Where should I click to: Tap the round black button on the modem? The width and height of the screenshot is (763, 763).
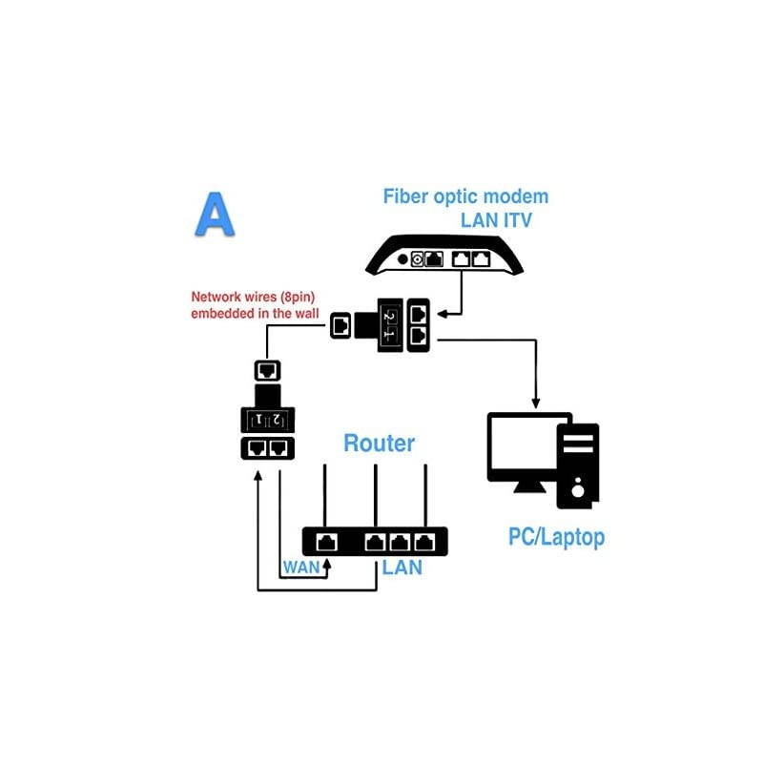click(402, 258)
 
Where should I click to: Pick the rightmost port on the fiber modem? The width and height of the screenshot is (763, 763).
click(481, 258)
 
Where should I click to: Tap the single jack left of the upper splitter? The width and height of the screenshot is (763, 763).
click(341, 326)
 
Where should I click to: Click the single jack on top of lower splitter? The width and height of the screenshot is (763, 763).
click(268, 370)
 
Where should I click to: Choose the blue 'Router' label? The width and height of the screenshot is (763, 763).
click(379, 443)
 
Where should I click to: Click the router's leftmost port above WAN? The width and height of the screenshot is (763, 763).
click(326, 542)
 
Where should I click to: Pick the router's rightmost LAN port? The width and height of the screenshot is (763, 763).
click(424, 542)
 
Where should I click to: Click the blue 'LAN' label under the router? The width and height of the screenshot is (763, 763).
click(402, 568)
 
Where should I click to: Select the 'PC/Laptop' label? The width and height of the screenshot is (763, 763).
click(556, 537)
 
